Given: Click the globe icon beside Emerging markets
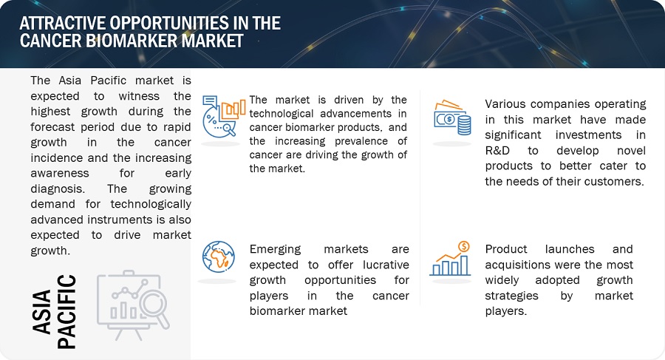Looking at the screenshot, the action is point(219,257).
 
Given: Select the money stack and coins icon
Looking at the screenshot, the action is point(452,118).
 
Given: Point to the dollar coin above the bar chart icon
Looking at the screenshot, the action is point(464,246).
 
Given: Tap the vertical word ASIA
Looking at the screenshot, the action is point(42,312).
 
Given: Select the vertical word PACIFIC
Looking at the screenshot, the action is point(66,312).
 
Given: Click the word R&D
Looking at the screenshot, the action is point(497,151).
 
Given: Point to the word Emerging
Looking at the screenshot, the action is point(275,250).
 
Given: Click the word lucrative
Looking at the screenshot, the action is point(386,265).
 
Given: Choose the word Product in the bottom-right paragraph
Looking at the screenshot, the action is point(506,249).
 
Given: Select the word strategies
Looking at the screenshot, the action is point(511,296).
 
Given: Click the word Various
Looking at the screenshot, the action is point(505,104).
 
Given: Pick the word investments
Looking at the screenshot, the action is point(588,135).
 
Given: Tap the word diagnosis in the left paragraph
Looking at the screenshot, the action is point(57,189).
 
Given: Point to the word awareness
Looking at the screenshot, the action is point(60,173).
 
